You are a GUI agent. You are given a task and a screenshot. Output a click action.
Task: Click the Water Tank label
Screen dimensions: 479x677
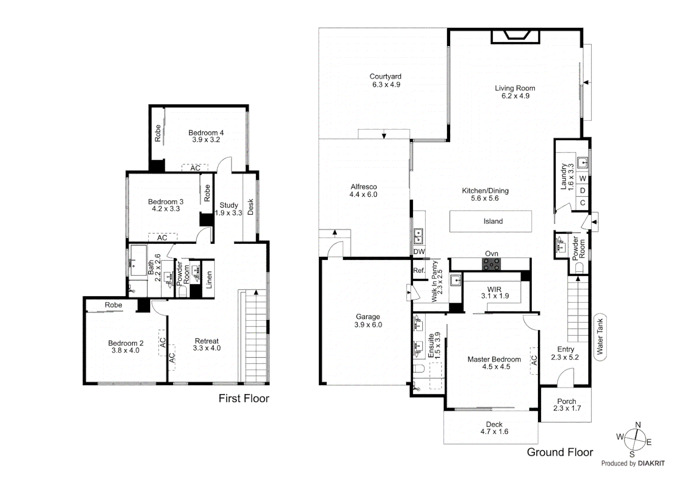pyautogui.click(x=600, y=337)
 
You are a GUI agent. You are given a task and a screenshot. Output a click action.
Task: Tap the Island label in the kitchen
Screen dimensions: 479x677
pyautogui.click(x=493, y=221)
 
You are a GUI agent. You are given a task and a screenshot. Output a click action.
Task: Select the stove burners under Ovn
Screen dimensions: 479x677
pyautogui.click(x=491, y=264)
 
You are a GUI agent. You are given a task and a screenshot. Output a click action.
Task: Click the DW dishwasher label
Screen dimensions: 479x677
pyautogui.click(x=419, y=251)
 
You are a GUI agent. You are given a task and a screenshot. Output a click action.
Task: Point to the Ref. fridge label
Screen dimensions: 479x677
pyautogui.click(x=419, y=270)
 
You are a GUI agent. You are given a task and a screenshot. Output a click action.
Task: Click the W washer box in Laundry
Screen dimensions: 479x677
pyautogui.click(x=583, y=178)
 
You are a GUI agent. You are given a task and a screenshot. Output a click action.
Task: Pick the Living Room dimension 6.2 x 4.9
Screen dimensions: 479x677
pyautogui.click(x=515, y=96)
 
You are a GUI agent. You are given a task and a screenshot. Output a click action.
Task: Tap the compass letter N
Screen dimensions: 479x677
pyautogui.click(x=638, y=425)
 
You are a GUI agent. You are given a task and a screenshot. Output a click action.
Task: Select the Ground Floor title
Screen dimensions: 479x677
pyautogui.click(x=560, y=452)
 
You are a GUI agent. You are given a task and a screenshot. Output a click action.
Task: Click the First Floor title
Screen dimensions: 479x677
pyautogui.click(x=244, y=398)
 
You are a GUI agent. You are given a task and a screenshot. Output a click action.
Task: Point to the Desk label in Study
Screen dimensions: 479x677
pyautogui.click(x=250, y=207)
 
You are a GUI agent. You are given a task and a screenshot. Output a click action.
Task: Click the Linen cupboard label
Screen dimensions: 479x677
pyautogui.click(x=209, y=280)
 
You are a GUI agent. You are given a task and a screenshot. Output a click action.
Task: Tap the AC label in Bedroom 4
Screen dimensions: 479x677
pyautogui.click(x=195, y=168)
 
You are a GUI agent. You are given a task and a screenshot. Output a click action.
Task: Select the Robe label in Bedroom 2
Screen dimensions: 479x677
pyautogui.click(x=113, y=305)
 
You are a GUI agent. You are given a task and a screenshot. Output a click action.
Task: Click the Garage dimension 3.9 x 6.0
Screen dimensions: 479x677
pyautogui.click(x=368, y=325)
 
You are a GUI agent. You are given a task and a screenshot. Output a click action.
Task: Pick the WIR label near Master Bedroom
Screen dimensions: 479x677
pyautogui.click(x=494, y=289)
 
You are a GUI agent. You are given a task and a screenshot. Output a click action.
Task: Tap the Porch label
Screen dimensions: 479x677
pyautogui.click(x=567, y=401)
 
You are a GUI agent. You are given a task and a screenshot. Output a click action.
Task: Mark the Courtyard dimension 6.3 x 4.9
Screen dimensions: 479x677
pyautogui.click(x=386, y=84)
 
